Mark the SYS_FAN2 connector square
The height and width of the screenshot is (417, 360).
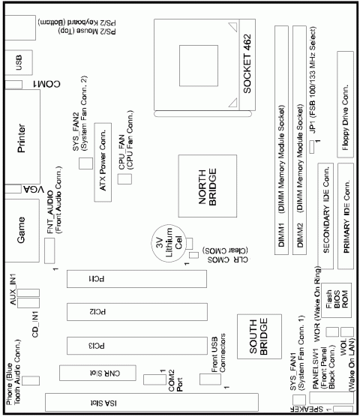[x=87, y=163]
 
